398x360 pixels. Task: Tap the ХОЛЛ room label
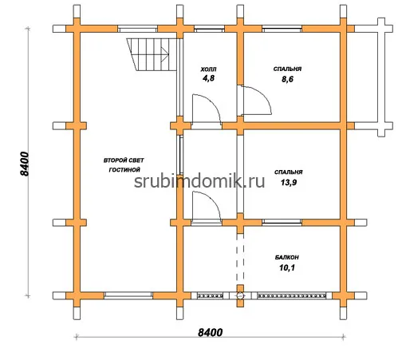tap(208, 69)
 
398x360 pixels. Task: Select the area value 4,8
tap(208, 78)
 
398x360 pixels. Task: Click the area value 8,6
tap(287, 79)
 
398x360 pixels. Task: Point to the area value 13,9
tap(289, 183)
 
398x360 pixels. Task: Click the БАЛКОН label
tap(287, 257)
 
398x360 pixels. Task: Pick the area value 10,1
tap(287, 267)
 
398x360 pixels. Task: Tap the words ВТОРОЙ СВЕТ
tap(124, 160)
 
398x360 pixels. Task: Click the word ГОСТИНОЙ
tap(124, 170)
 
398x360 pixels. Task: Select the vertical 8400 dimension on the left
tap(25, 164)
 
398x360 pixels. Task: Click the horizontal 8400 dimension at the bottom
tap(210, 332)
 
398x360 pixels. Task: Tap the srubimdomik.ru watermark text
tap(199, 182)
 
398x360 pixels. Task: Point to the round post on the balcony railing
tap(240, 295)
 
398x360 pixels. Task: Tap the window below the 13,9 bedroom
tap(282, 222)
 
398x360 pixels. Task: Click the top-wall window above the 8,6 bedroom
tap(282, 29)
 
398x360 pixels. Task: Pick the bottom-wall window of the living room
tap(128, 295)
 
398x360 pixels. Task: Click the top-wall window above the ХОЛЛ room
tap(209, 29)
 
